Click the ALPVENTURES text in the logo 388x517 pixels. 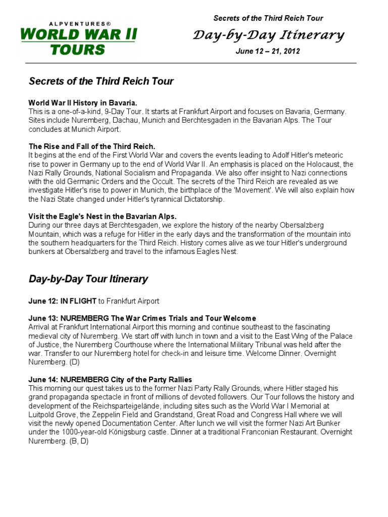pyautogui.click(x=78, y=24)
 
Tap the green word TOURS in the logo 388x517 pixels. pyautogui.click(x=78, y=49)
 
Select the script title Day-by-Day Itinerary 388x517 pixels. pyautogui.click(x=269, y=35)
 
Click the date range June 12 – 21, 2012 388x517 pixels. pyautogui.click(x=268, y=51)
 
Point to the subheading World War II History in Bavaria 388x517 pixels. pyautogui.click(x=83, y=102)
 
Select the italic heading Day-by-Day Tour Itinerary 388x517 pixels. pyautogui.click(x=88, y=279)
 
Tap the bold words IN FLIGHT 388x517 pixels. pyautogui.click(x=78, y=301)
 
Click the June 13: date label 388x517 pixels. pyautogui.click(x=43, y=318)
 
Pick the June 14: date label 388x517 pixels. pyautogui.click(x=43, y=379)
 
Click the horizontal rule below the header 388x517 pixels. pyautogui.click(x=192, y=64)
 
